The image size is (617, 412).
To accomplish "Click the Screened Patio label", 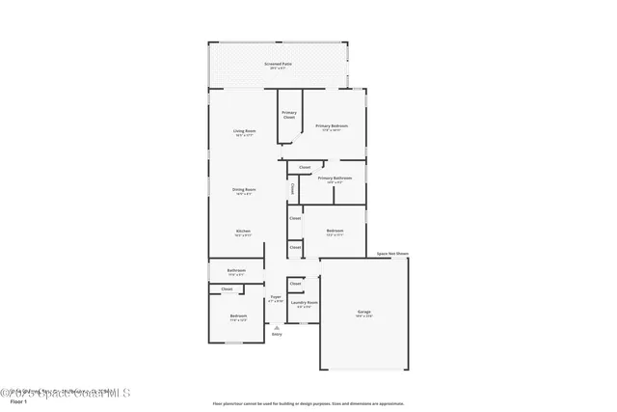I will coord(280,65).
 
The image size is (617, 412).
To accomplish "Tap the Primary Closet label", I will coord(289,115).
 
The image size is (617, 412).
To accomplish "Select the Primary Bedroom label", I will coord(332,126).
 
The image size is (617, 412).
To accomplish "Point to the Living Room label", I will coord(244,132).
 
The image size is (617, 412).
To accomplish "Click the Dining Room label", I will coord(244,191).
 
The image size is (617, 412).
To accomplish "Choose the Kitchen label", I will coord(244,233).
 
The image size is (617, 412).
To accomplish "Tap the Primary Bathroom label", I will coord(335,179).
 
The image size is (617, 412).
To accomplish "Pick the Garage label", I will coord(364,313).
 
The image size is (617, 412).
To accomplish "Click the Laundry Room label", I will coord(305,304).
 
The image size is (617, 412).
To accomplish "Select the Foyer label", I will coord(276,298).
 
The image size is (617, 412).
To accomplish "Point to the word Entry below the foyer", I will coord(277,335).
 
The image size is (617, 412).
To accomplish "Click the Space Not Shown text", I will coord(392,254).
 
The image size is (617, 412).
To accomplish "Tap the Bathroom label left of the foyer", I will coord(236,271).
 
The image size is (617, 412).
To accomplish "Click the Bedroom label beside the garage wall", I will coord(335,232).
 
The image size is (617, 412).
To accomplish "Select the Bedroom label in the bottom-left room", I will coord(238,317).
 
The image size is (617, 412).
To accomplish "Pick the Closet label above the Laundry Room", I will coord(296,284).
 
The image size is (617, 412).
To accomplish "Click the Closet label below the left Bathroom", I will coord(228,289).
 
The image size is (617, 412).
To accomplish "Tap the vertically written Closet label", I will coord(292,189).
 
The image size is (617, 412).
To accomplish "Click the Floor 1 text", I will coord(17,401).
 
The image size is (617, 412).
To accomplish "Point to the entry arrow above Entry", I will coord(277,326).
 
